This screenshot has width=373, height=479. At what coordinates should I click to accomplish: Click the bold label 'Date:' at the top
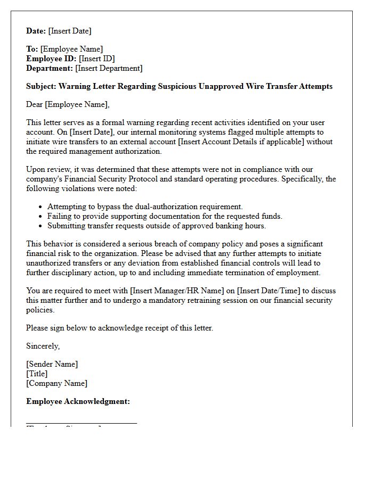(x=36, y=31)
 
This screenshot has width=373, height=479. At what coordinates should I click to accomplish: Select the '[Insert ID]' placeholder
(x=97, y=59)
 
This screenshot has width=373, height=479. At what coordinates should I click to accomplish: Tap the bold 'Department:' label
(x=50, y=68)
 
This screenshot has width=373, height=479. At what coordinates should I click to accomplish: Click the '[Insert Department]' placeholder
(x=109, y=68)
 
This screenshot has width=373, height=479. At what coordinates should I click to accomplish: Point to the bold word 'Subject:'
(x=41, y=86)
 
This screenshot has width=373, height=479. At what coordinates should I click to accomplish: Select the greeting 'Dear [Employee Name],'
(x=68, y=104)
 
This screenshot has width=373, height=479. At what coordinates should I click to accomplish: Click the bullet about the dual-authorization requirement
(x=145, y=207)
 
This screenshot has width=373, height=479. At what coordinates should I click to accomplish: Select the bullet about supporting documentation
(x=165, y=216)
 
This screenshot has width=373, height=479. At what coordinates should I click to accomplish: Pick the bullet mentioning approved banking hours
(x=156, y=226)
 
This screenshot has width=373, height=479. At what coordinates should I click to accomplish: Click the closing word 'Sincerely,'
(x=43, y=346)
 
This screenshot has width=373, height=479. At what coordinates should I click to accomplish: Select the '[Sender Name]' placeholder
(x=52, y=364)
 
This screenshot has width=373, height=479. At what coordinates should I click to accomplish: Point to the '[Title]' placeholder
(x=37, y=374)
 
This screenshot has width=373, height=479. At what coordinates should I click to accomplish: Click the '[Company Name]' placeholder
(x=56, y=383)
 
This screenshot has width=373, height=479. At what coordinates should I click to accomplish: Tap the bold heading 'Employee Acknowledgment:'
(x=78, y=401)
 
